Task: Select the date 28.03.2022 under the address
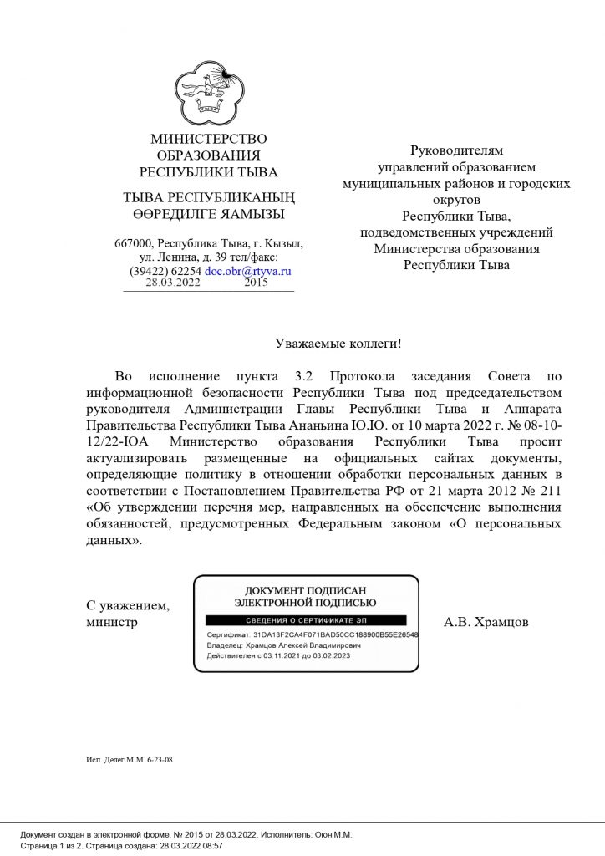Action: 173,283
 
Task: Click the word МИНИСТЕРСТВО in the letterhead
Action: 209,139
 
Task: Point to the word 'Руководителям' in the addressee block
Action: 456,150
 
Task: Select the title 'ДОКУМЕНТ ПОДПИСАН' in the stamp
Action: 305,591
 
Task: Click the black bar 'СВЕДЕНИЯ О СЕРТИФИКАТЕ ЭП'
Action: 306,620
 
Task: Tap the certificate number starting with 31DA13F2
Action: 334,634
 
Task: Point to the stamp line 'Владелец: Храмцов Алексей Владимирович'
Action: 284,645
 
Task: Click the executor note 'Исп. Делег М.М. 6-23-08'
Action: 129,760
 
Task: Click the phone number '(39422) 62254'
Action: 165,272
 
